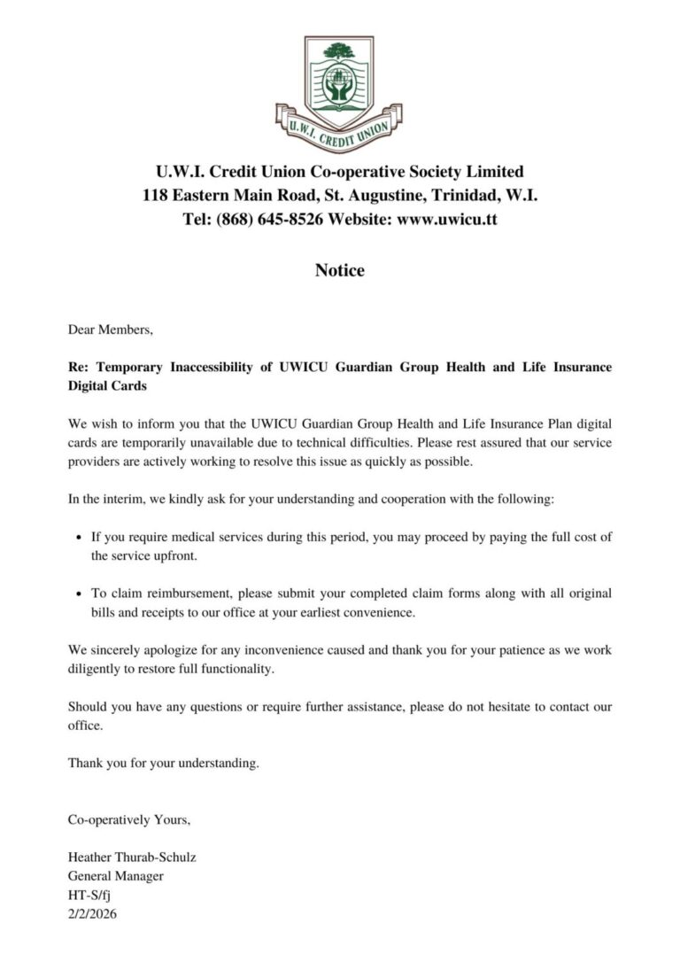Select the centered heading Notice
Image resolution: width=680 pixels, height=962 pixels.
coord(339,270)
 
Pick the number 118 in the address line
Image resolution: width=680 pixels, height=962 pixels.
coord(155,195)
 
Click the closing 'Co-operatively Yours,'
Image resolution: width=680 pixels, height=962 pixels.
coord(129,820)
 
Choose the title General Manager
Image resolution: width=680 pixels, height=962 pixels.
coord(116,876)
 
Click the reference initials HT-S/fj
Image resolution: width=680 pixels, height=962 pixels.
coord(89,895)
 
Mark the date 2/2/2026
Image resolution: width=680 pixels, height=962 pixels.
coord(92,914)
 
